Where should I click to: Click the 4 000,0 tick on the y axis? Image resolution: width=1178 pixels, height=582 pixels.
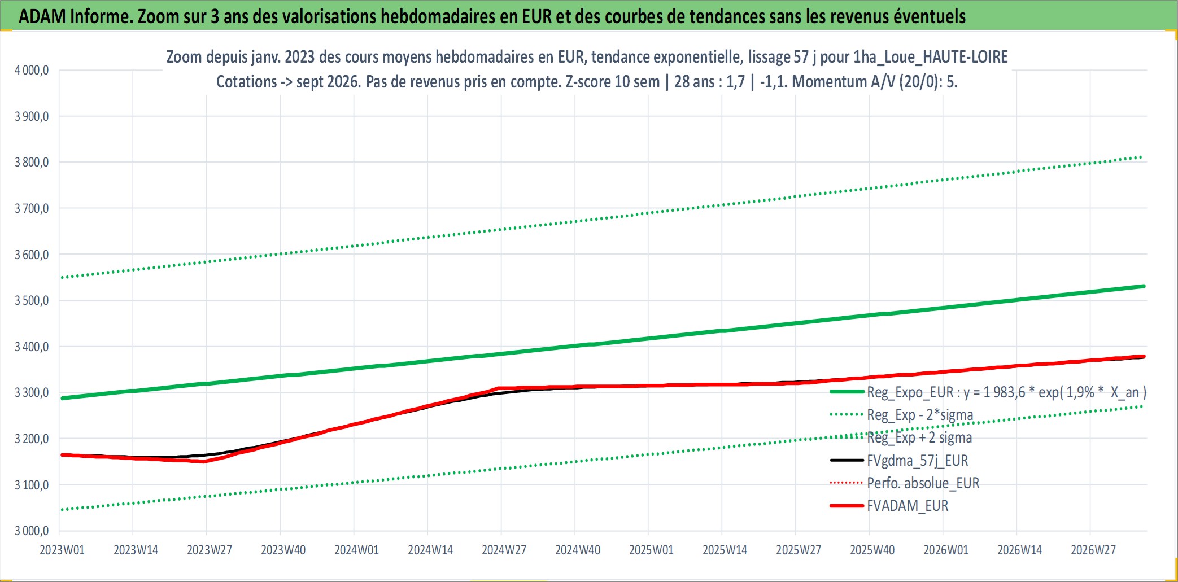(x=32, y=71)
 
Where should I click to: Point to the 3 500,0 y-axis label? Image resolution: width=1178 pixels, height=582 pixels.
(x=32, y=300)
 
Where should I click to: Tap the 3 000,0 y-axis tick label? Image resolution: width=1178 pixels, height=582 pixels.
(x=32, y=531)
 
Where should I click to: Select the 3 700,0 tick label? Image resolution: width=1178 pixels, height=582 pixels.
(x=32, y=208)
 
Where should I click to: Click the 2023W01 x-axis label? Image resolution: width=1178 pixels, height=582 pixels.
(x=62, y=550)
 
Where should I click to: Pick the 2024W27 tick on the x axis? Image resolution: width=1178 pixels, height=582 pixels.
(x=504, y=550)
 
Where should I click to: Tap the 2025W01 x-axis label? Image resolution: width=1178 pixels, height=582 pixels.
(x=651, y=550)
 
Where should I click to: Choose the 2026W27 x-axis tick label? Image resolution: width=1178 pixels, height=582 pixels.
(x=1093, y=550)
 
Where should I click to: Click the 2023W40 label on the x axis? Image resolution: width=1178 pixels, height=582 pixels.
(x=283, y=550)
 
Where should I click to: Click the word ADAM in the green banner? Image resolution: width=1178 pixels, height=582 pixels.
(x=42, y=16)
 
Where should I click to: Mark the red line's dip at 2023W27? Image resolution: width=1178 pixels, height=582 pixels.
(x=204, y=462)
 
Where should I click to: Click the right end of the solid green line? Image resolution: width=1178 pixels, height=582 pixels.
(x=1144, y=286)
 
